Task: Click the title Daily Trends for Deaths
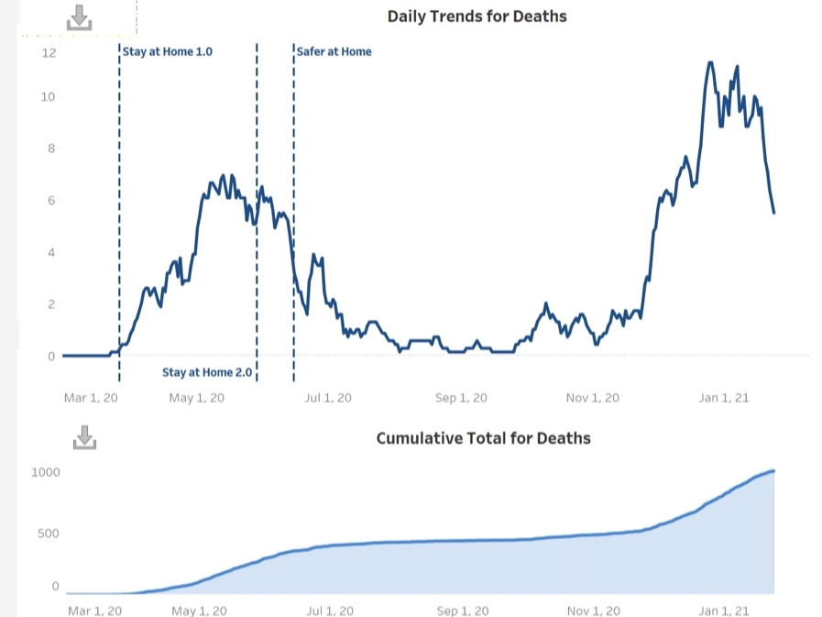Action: [x=477, y=17]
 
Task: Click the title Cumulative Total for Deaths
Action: [x=483, y=438]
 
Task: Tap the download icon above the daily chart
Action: [x=80, y=17]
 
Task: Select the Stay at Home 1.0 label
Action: [x=168, y=52]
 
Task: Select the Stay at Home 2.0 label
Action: [x=207, y=372]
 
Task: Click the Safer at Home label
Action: [x=334, y=52]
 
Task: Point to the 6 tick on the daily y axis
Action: [x=51, y=201]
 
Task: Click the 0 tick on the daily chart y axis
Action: [x=51, y=356]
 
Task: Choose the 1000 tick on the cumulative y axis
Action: [x=46, y=472]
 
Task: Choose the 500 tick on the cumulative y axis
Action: [x=49, y=533]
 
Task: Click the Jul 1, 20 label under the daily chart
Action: [x=327, y=398]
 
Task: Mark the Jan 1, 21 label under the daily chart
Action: [x=724, y=398]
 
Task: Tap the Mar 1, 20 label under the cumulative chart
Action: [x=94, y=610]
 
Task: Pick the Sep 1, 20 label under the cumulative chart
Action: [x=461, y=610]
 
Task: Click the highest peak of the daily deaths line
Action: [x=710, y=62]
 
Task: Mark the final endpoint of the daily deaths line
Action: [x=774, y=213]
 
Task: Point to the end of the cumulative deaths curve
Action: [x=774, y=470]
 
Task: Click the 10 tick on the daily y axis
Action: [x=49, y=97]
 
